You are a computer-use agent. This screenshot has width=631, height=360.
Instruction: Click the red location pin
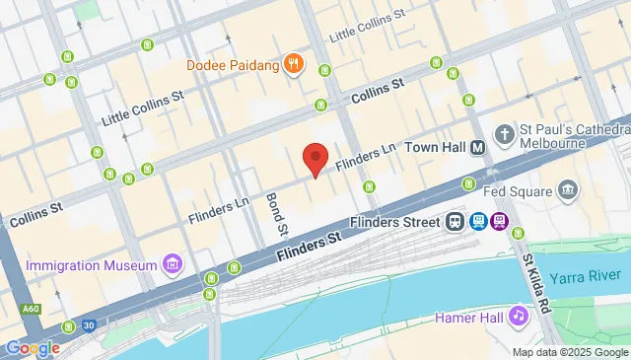pyautogui.click(x=315, y=159)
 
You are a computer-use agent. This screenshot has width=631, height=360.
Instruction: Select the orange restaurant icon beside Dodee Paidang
pyautogui.click(x=292, y=66)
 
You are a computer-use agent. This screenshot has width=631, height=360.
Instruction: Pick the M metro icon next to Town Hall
pyautogui.click(x=477, y=147)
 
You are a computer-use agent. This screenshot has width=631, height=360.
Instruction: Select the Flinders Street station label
pyautogui.click(x=395, y=221)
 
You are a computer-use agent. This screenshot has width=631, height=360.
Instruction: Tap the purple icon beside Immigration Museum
pyautogui.click(x=173, y=263)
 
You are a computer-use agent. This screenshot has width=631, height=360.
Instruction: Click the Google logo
pyautogui.click(x=32, y=347)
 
